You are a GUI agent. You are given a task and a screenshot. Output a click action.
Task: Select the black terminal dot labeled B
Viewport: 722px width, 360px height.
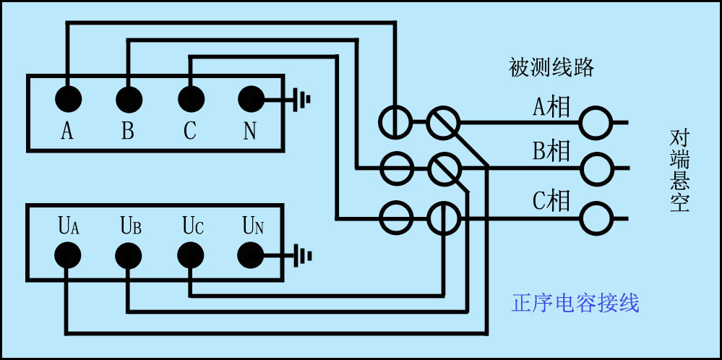click(x=129, y=98)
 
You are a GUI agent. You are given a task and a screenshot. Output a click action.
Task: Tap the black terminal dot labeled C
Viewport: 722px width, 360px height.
click(x=190, y=98)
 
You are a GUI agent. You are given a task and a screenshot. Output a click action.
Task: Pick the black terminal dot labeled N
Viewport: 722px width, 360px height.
click(x=251, y=98)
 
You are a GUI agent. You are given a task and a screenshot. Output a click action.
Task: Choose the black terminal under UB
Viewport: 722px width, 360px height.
click(x=129, y=254)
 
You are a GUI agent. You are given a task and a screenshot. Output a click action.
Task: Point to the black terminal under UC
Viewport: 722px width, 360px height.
click(x=190, y=254)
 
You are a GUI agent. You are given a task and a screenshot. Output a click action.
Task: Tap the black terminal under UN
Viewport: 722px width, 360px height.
click(x=251, y=254)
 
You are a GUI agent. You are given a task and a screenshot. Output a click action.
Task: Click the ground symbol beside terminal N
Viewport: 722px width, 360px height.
click(x=302, y=98)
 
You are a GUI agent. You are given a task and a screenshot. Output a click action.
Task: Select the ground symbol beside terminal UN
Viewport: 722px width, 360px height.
click(x=302, y=254)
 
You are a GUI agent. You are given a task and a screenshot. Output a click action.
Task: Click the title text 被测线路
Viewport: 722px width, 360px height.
click(x=551, y=68)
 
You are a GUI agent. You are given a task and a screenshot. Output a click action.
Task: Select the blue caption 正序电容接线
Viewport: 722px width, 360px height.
click(x=575, y=302)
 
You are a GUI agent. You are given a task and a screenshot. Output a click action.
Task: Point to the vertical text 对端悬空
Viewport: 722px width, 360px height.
click(x=679, y=171)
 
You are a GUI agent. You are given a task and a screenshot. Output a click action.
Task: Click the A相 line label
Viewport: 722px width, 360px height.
click(x=551, y=107)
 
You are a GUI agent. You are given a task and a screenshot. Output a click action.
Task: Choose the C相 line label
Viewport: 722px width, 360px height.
click(x=551, y=200)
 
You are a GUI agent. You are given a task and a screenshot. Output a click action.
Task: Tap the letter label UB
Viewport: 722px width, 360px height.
click(x=131, y=226)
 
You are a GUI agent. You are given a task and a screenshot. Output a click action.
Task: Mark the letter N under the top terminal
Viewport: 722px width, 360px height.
click(x=250, y=131)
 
